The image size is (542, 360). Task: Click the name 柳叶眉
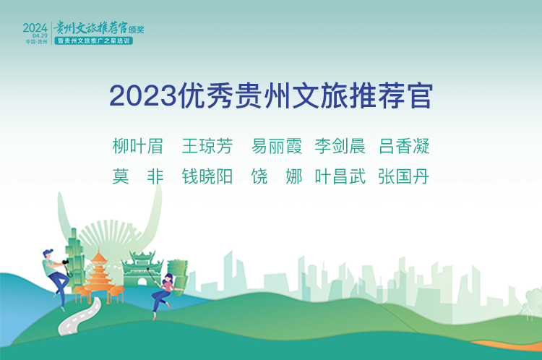(x=137, y=146)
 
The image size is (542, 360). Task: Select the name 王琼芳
(x=207, y=146)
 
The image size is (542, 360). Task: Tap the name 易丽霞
(x=277, y=146)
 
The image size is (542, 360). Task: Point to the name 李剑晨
(x=340, y=146)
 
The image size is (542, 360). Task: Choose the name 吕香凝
(x=404, y=146)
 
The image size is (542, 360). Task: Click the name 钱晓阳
(x=207, y=176)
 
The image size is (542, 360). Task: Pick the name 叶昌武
(x=340, y=176)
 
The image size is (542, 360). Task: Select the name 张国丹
(x=404, y=176)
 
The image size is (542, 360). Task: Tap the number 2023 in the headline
(x=143, y=96)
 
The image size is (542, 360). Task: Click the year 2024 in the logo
(x=35, y=27)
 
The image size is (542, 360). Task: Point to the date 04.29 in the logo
(x=40, y=35)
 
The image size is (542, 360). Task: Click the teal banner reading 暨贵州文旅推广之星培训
(x=94, y=40)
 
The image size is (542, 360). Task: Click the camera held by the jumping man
(x=65, y=262)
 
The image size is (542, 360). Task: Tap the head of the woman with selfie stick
(x=168, y=278)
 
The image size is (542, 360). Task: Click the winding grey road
(x=80, y=317)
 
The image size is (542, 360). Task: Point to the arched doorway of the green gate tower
(x=142, y=282)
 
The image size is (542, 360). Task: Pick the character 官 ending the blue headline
(x=421, y=96)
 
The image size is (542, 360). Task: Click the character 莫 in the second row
(x=121, y=176)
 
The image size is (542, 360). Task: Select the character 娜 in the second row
(x=294, y=176)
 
